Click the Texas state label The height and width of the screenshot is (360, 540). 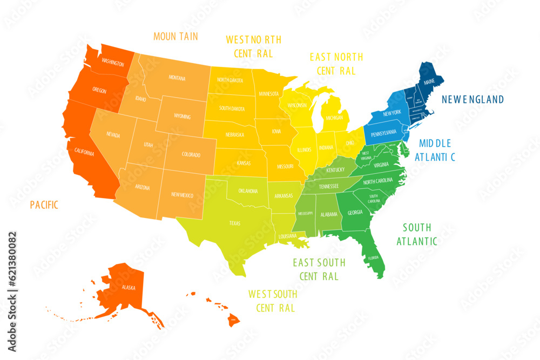[235, 223]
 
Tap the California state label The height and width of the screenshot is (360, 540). [84, 153]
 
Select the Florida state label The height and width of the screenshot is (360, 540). [373, 258]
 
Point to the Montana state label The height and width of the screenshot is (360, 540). [177, 78]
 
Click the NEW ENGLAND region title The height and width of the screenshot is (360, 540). [473, 99]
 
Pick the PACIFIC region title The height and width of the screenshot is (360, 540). [44, 205]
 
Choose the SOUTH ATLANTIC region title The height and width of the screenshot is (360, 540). [417, 234]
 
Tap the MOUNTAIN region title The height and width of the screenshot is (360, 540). [175, 37]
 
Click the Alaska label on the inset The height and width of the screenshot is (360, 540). [129, 287]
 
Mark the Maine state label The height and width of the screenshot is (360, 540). [429, 82]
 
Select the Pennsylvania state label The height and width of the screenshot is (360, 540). [383, 132]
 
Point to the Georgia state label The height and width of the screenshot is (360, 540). [355, 212]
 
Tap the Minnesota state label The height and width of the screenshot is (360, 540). [269, 93]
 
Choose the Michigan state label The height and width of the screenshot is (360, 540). [335, 117]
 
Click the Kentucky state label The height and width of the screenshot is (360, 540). [335, 169]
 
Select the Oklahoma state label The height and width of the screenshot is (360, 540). [248, 191]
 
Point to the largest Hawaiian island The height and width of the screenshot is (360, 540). [233, 320]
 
